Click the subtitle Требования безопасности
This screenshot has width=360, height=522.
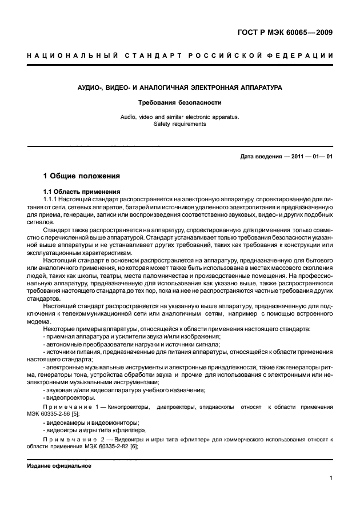(x=180, y=103)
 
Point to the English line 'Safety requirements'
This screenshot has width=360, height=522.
(x=180, y=123)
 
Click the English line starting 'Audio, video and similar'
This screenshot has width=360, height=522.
(x=180, y=117)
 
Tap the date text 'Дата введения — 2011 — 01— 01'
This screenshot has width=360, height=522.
(x=286, y=157)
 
